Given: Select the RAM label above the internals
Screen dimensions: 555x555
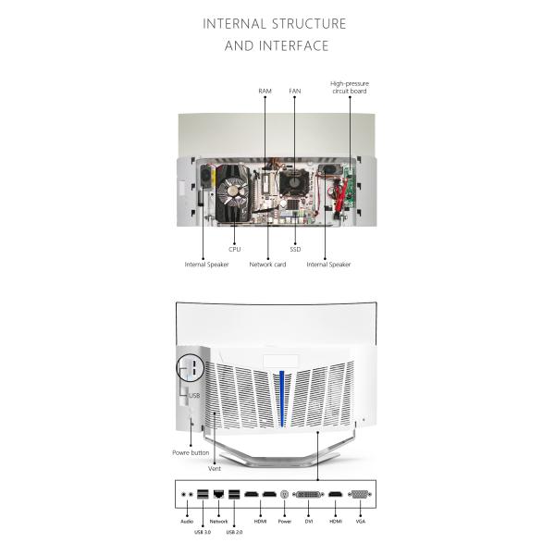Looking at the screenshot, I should (265, 92).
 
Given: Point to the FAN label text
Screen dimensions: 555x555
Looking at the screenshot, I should (294, 92).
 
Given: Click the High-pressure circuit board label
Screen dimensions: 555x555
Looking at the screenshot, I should (350, 87).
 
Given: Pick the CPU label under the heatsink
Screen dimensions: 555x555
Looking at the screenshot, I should (234, 249).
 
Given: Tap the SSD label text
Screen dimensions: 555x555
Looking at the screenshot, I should (295, 249).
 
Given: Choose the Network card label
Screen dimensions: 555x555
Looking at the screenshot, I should (267, 265).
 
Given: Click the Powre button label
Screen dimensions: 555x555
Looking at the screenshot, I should (191, 452).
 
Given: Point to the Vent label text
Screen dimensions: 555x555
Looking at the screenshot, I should (215, 469).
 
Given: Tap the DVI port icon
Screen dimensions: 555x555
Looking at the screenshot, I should (308, 496).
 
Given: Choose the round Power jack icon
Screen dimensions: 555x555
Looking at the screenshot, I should (284, 496).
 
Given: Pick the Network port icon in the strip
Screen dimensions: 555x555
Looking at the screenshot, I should (218, 496).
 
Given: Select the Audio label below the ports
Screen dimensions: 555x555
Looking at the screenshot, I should (187, 521).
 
